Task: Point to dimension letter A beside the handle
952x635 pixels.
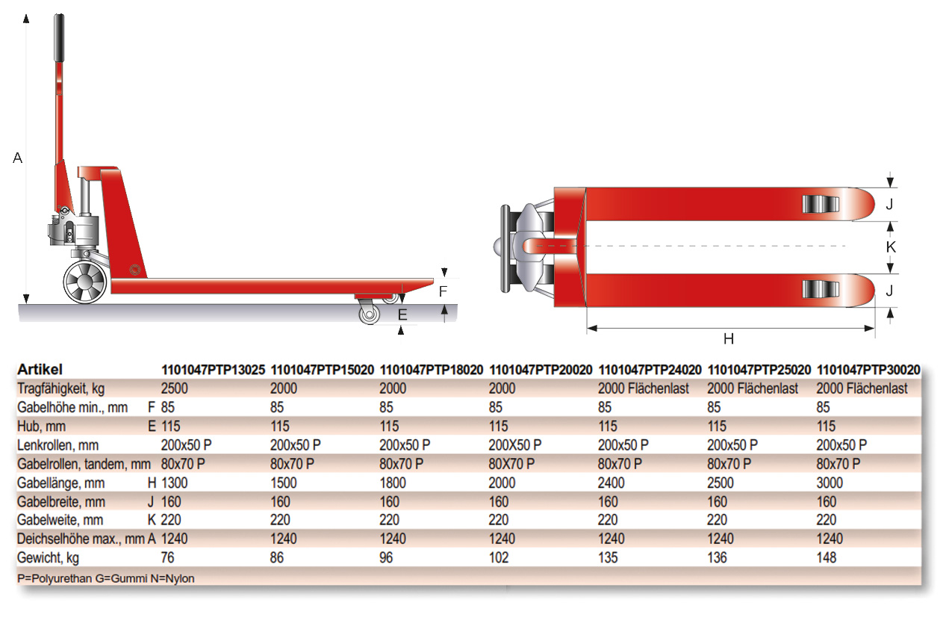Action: point(18,158)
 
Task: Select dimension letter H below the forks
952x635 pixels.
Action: point(728,338)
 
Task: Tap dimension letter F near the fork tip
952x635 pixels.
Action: point(443,291)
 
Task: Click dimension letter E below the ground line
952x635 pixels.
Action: point(402,315)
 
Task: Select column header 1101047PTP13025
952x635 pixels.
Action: point(213,370)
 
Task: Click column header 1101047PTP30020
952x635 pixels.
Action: point(868,370)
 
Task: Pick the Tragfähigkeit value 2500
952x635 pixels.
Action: point(175,388)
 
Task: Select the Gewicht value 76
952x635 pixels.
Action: point(168,557)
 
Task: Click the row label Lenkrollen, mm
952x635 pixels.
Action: point(57,445)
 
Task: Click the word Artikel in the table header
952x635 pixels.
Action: point(40,370)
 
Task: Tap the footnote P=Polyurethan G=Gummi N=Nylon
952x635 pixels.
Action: point(105,578)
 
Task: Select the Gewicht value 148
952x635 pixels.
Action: point(827,557)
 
